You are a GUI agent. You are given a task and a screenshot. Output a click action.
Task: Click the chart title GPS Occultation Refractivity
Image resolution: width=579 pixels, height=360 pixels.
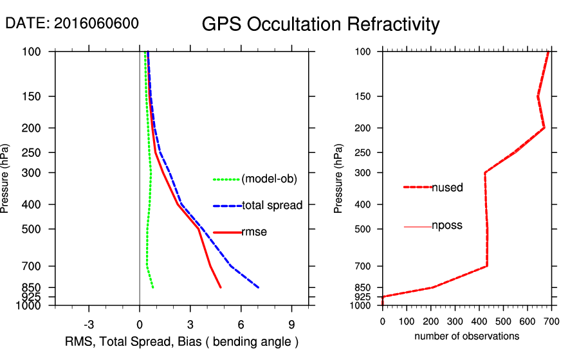pos(320,24)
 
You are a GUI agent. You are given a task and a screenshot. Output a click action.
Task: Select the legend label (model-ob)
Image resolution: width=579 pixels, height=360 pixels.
pos(269,179)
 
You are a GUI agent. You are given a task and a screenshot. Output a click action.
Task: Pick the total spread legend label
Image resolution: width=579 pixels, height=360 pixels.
pos(272,206)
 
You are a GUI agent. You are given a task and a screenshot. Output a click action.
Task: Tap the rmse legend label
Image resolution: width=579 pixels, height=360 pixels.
pos(254,232)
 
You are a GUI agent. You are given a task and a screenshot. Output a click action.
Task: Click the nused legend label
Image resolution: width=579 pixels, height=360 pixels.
pos(447,187)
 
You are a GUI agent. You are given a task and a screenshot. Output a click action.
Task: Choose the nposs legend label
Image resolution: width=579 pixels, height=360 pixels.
pos(447,226)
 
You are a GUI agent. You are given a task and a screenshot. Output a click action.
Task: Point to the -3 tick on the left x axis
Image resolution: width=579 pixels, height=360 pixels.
pos(89,323)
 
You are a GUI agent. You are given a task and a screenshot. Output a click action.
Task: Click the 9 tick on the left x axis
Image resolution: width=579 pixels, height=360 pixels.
pos(291,323)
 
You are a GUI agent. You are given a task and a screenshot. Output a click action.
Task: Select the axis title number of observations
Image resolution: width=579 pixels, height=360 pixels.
pos(466,336)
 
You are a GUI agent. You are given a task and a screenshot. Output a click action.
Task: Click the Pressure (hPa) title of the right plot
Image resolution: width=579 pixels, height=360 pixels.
pos(338,179)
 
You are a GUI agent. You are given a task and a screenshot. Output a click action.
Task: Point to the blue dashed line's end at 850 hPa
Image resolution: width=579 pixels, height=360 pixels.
pos(258,287)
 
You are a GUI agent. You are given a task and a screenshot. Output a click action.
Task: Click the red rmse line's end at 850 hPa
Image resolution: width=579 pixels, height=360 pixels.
pos(221,287)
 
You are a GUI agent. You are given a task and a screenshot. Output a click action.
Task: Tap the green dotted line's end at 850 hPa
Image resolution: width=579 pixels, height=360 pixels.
pos(153,287)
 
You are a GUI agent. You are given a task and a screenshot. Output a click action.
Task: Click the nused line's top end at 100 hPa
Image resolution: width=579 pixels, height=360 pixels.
pos(549,51)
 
